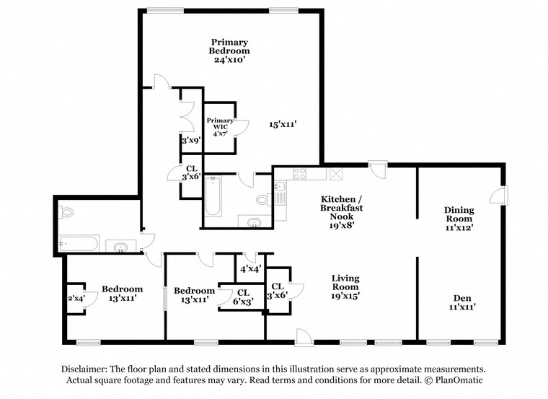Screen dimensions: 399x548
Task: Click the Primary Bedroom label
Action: [x=229, y=46]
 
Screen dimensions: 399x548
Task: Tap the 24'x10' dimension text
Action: [x=229, y=61]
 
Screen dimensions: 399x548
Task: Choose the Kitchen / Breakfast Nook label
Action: [x=342, y=207]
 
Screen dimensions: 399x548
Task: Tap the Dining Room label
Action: [x=459, y=214]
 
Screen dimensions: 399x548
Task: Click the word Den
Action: [x=462, y=297]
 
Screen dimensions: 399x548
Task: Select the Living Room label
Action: [x=345, y=282]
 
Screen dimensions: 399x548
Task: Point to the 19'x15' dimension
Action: [x=345, y=295]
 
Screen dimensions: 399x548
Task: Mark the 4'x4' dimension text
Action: [x=249, y=269]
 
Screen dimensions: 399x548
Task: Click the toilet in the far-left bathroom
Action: [x=67, y=213]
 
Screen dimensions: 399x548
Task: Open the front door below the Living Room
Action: [x=304, y=335]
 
